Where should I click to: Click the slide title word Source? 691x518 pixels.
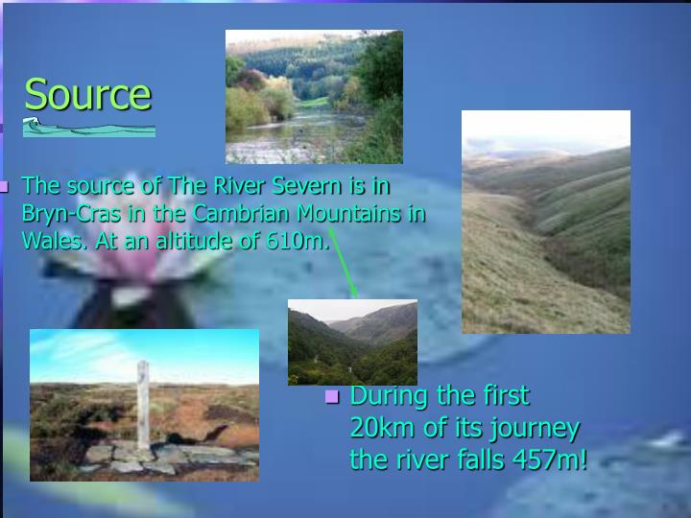point(87,94)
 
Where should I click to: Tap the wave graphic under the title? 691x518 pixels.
point(88,127)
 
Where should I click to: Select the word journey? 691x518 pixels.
point(533,427)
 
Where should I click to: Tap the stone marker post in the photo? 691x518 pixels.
point(143,403)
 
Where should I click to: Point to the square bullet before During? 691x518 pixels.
point(333,396)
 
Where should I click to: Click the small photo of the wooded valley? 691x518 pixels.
point(352,341)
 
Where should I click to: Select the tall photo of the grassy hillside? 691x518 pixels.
point(545,222)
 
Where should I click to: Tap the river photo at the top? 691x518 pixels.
point(314,96)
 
